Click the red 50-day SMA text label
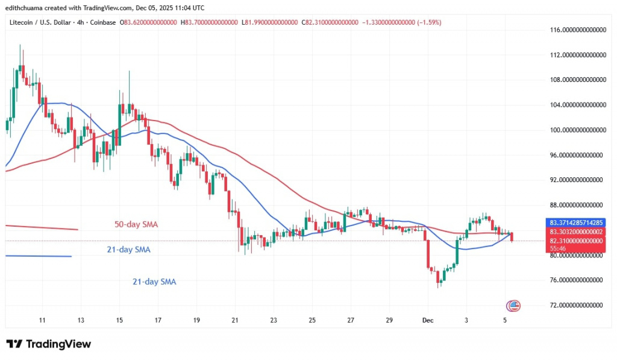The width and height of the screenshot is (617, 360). [136, 225]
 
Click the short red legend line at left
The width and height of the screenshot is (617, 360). [42, 227]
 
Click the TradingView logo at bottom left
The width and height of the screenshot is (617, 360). [49, 344]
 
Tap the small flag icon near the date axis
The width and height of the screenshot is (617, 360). [513, 305]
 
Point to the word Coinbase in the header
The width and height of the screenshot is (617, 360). [103, 22]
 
